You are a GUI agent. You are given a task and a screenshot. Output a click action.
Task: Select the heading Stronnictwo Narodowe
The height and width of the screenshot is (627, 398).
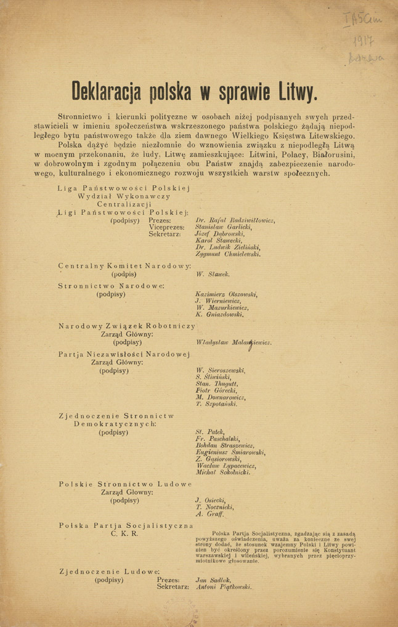[x=111, y=286]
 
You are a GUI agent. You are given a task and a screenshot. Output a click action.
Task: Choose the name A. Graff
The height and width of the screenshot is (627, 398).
[x=208, y=513]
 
